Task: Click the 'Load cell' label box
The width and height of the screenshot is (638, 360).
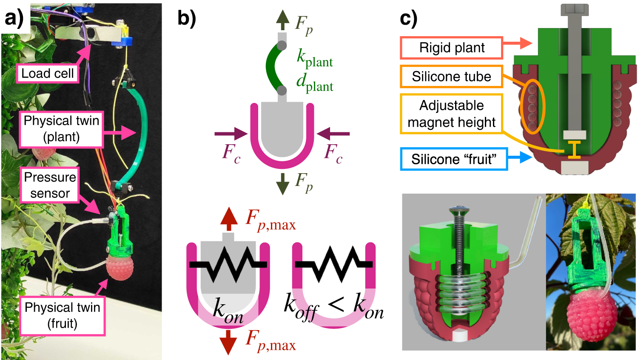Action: pos(47,73)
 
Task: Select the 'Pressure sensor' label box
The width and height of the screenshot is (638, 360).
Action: pos(50,185)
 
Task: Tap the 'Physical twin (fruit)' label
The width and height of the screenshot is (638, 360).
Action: pos(62,315)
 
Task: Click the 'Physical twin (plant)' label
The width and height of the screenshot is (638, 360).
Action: pos(61,129)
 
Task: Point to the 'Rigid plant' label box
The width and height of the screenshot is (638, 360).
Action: pos(452,48)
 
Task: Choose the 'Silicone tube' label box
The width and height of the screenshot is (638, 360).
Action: pos(451,77)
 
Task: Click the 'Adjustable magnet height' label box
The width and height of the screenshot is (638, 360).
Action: pos(451,114)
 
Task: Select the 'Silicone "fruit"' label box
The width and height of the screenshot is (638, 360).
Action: pos(453,159)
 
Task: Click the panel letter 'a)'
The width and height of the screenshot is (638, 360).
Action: pos(14,19)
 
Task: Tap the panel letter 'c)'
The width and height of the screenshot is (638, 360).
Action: pos(409,19)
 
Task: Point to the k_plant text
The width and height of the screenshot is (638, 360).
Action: pos(314,58)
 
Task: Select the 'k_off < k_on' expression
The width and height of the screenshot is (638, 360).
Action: pos(333,307)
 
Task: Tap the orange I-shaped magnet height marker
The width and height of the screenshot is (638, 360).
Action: pos(574,150)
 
